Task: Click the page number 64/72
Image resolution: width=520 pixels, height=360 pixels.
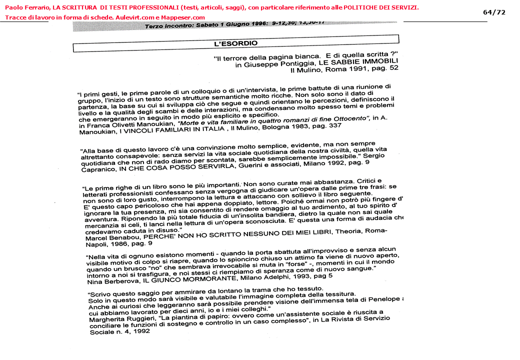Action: [494, 12]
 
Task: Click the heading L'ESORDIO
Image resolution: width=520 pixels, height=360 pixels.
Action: [235, 43]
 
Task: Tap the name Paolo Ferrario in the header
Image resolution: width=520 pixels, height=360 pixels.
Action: [24, 7]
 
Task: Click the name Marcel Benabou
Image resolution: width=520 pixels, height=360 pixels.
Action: [110, 238]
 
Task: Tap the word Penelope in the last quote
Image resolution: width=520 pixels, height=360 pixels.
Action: [384, 299]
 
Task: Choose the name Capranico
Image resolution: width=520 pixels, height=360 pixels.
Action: [97, 169]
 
